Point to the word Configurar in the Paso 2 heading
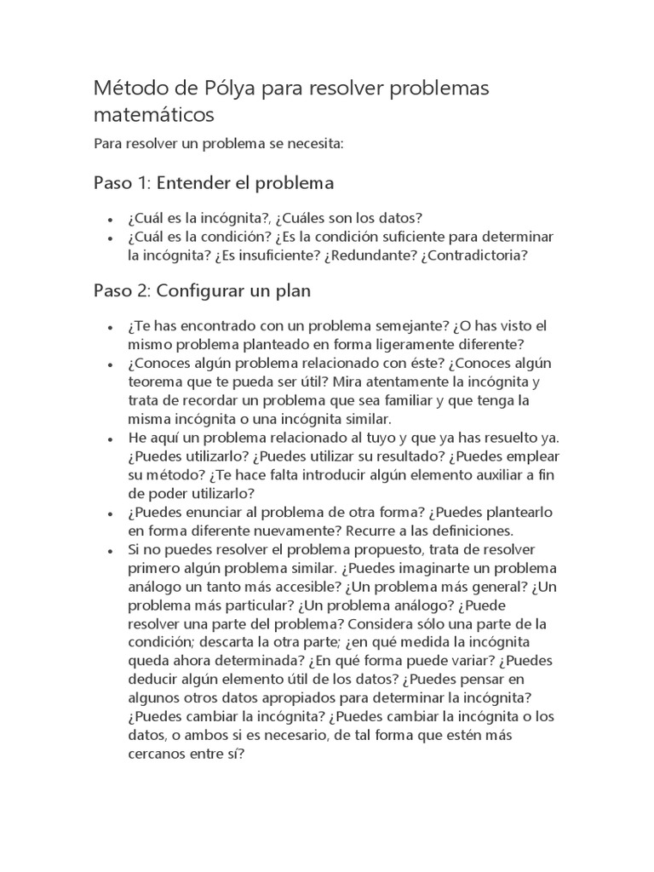(198, 290)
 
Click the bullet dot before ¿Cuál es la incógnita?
(111, 220)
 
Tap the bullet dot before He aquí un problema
(111, 439)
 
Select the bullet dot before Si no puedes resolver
(111, 550)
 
